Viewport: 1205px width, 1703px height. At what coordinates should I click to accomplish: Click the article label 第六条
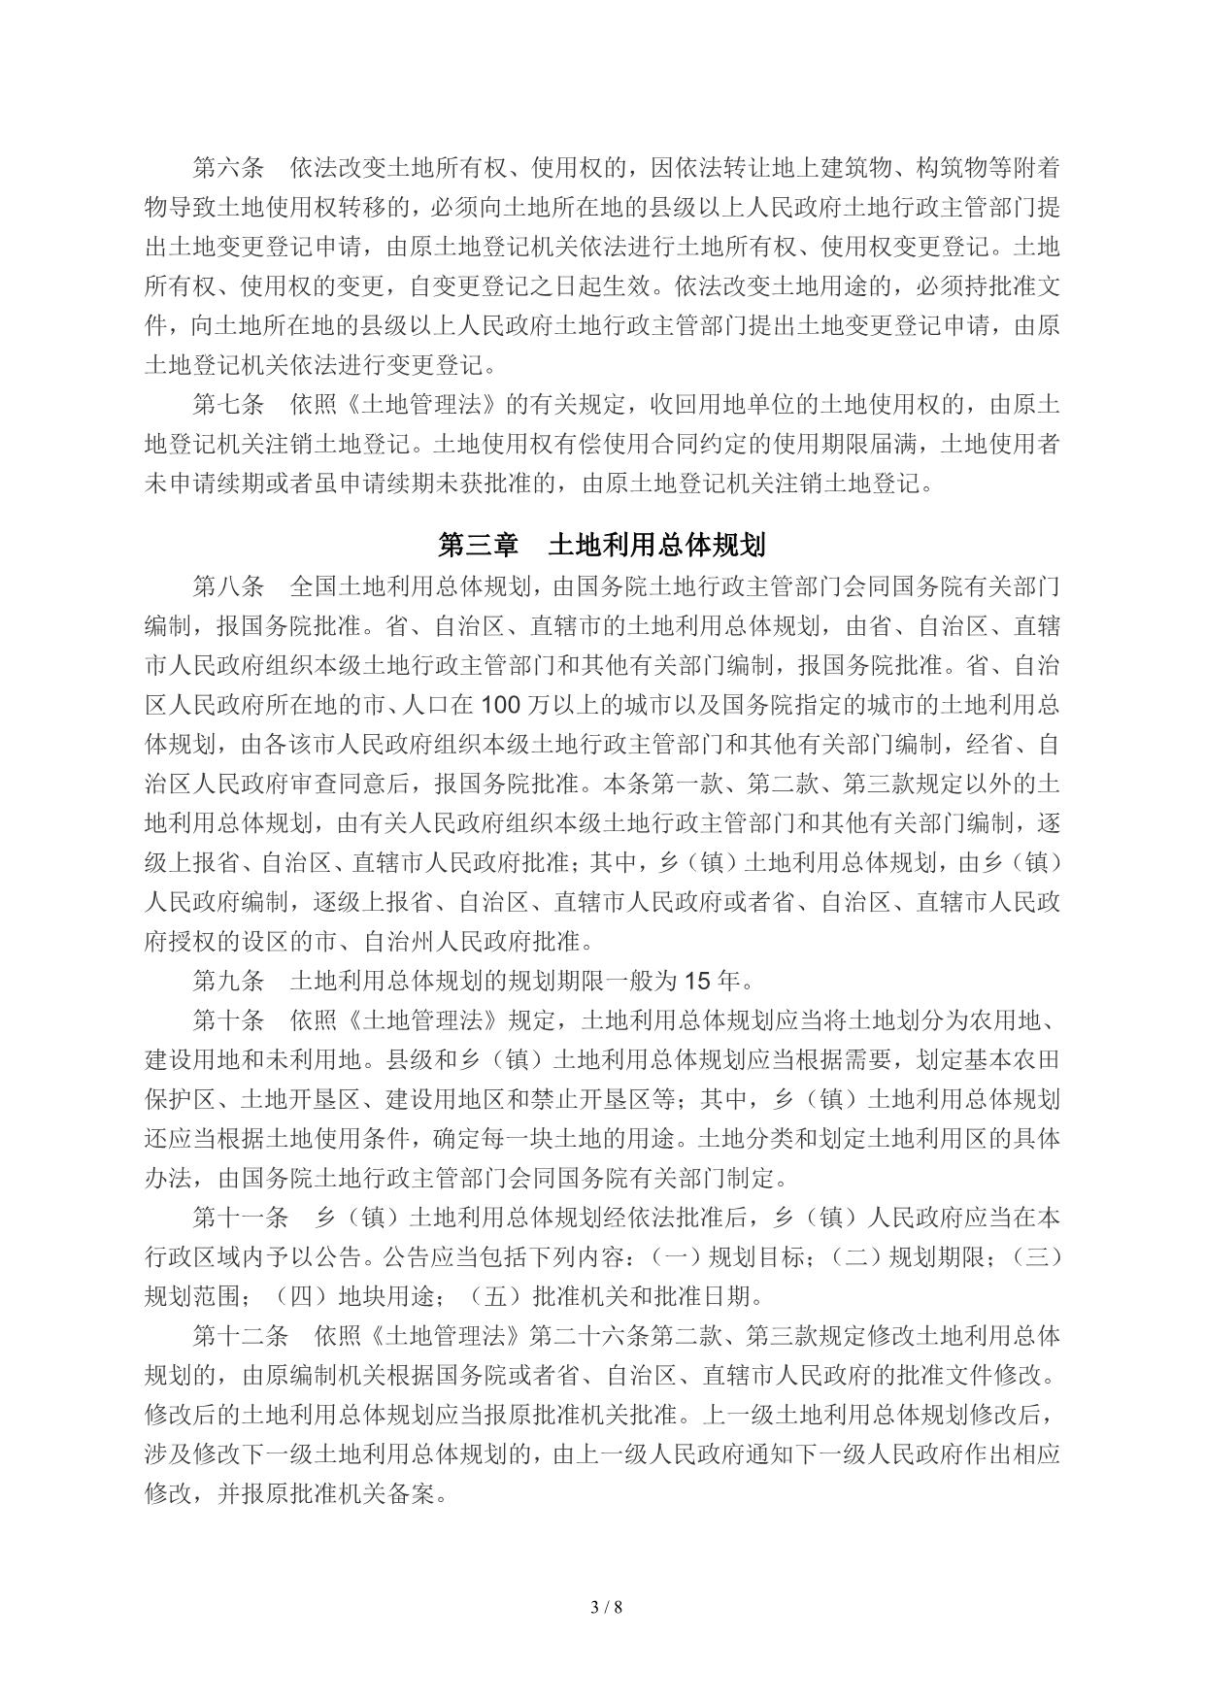coord(228,168)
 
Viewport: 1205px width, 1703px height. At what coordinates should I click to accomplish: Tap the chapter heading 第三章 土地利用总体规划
coord(602,545)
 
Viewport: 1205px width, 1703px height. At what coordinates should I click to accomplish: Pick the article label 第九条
coord(228,980)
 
